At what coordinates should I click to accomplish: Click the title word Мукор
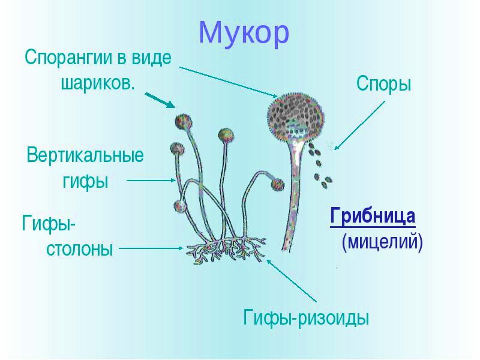tap(244, 33)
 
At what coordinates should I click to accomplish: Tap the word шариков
tap(98, 82)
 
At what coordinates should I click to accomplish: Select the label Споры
tap(383, 84)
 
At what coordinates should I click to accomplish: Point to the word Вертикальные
tap(85, 155)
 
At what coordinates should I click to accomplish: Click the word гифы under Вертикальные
tap(85, 182)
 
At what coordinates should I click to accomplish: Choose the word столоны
tap(80, 248)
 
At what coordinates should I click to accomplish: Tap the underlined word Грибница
tap(373, 216)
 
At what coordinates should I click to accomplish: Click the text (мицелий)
tap(382, 242)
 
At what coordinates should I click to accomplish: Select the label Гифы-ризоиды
tap(306, 318)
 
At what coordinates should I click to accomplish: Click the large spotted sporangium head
tap(295, 117)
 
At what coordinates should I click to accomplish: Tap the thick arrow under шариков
tap(160, 100)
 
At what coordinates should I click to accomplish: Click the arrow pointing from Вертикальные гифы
tap(151, 181)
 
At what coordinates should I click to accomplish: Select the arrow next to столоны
tap(151, 248)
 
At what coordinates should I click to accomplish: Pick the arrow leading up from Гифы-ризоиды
tap(292, 281)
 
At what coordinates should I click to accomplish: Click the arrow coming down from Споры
tap(359, 125)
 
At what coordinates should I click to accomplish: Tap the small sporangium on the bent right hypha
tap(277, 185)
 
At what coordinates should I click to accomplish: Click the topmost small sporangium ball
tap(184, 122)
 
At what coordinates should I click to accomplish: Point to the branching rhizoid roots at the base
tap(226, 250)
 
